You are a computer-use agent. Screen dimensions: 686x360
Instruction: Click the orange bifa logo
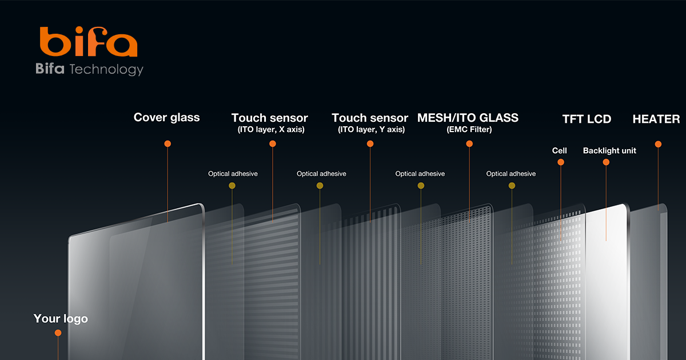click(89, 41)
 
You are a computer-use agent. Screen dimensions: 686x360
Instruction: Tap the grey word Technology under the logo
click(106, 70)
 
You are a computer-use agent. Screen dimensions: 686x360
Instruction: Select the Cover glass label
click(166, 117)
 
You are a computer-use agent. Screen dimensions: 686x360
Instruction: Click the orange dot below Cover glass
click(167, 143)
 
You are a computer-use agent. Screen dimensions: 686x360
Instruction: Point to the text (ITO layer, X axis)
click(271, 130)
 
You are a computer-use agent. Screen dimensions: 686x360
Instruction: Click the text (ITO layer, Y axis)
click(371, 130)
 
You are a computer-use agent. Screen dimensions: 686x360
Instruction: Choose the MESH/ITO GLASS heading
click(468, 118)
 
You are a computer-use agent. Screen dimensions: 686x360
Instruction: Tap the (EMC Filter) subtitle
click(469, 130)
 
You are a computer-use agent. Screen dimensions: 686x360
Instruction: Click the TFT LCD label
click(587, 119)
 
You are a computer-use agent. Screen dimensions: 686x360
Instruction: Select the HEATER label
click(656, 119)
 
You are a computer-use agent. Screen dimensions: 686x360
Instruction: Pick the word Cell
click(559, 151)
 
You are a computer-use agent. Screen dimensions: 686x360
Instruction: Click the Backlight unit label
click(609, 151)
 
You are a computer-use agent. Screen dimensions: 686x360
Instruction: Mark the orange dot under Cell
click(561, 162)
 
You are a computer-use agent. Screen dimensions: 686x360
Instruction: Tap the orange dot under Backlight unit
click(606, 162)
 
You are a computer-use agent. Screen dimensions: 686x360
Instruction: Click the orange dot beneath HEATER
click(658, 144)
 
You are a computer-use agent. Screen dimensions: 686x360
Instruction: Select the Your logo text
click(61, 319)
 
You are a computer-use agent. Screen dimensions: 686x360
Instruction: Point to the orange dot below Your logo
click(58, 333)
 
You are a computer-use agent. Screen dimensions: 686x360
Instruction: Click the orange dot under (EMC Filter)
click(469, 143)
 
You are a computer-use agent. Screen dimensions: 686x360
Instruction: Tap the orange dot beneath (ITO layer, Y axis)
click(370, 143)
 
